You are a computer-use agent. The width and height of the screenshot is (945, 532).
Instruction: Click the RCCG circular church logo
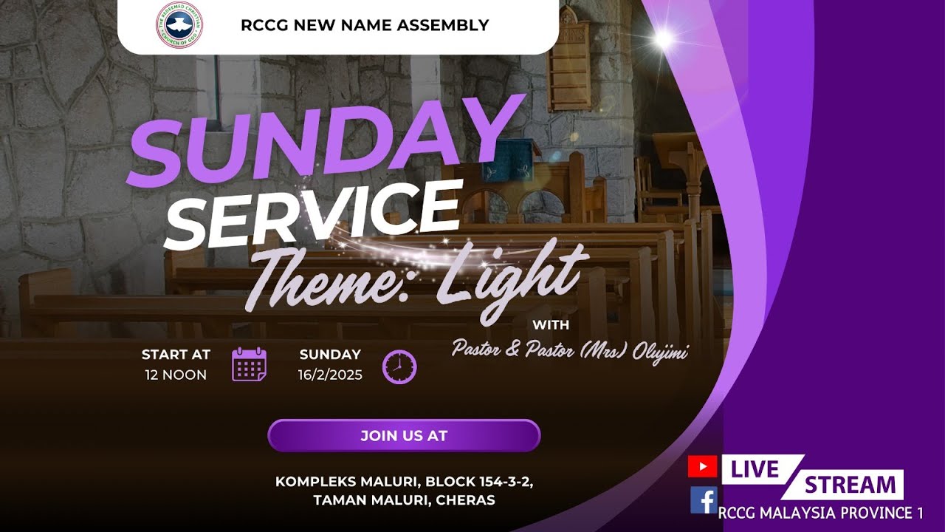tap(179, 25)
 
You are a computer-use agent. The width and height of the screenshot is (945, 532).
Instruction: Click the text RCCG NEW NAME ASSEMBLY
tap(365, 25)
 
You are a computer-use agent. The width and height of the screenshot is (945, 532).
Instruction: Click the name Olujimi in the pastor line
tap(659, 349)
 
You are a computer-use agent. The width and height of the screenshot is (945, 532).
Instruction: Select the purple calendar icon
tap(250, 364)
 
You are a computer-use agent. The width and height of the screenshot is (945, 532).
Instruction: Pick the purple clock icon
tap(399, 367)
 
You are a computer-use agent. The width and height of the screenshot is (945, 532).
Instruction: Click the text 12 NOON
tap(176, 375)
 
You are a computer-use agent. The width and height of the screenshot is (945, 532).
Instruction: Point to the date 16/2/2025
tap(330, 375)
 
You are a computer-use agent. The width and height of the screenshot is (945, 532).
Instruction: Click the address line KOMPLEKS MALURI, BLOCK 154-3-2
tap(404, 482)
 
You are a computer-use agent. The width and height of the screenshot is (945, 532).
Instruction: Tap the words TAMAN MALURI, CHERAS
tap(404, 500)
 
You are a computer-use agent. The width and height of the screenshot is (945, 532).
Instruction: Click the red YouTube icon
tap(702, 467)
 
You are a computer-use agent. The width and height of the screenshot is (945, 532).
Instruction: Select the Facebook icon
tap(704, 500)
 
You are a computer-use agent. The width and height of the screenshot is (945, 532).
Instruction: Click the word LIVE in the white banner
tap(755, 469)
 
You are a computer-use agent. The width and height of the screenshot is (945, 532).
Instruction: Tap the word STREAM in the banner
tap(849, 485)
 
